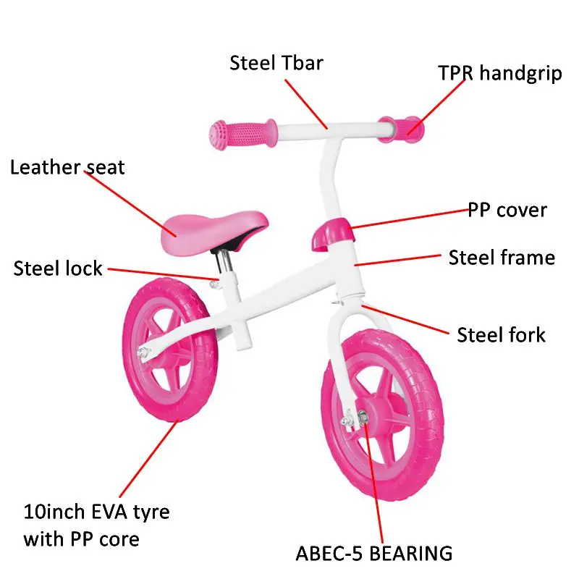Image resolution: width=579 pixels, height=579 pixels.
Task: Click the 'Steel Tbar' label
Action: (x=276, y=63)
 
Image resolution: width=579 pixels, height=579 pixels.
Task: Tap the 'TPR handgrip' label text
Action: (x=499, y=74)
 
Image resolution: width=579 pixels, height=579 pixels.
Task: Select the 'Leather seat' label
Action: (x=67, y=168)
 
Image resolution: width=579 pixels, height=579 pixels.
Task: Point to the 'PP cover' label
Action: (x=507, y=211)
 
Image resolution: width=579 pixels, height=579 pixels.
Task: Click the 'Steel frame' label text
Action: (x=502, y=258)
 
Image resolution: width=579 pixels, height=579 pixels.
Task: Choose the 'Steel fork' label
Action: (x=501, y=334)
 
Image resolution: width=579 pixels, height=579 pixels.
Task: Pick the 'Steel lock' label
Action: (x=58, y=269)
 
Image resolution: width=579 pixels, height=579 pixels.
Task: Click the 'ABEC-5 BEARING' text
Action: (x=373, y=554)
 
